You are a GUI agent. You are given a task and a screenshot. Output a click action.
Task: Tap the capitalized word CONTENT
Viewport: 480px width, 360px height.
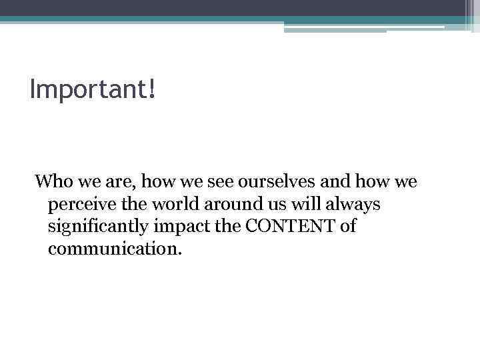(x=291, y=227)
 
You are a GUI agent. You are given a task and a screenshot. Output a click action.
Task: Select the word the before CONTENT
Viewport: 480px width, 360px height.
(x=231, y=227)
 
